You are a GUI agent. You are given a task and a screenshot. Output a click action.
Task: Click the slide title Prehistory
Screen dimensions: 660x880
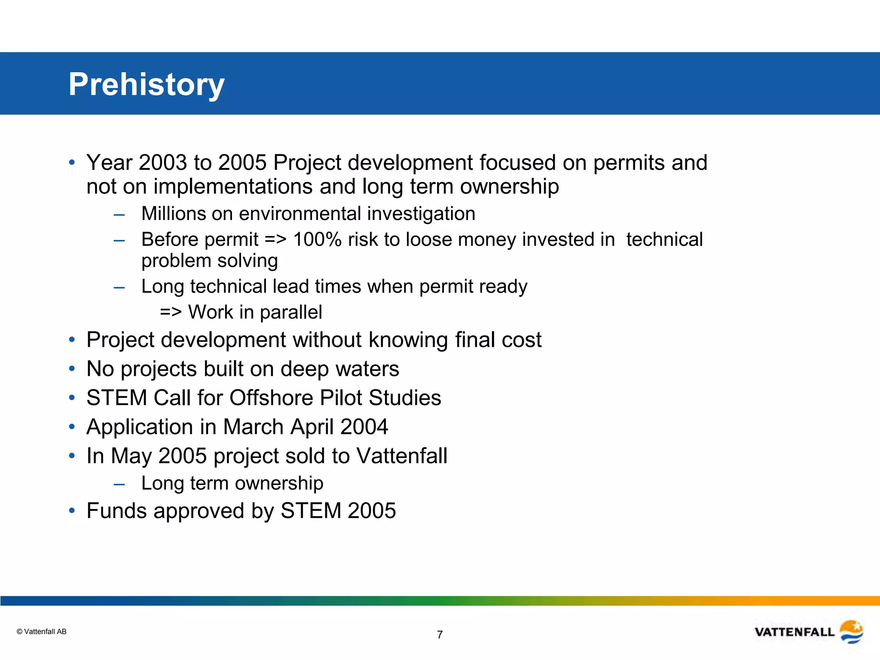pyautogui.click(x=146, y=84)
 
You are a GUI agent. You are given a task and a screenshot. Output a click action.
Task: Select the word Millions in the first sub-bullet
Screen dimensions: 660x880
pyautogui.click(x=174, y=214)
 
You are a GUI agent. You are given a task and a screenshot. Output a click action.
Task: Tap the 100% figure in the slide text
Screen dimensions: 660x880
pyautogui.click(x=317, y=239)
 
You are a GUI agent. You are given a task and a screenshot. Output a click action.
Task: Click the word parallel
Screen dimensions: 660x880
pyautogui.click(x=291, y=312)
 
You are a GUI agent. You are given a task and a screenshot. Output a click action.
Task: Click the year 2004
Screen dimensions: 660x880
pyautogui.click(x=364, y=427)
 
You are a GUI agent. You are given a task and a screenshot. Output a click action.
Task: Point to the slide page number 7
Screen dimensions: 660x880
pyautogui.click(x=440, y=635)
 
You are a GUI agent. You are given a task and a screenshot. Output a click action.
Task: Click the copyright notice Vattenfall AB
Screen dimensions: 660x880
pyautogui.click(x=42, y=632)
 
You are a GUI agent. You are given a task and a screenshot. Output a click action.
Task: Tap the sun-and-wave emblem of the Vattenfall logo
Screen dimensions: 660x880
pyautogui.click(x=851, y=632)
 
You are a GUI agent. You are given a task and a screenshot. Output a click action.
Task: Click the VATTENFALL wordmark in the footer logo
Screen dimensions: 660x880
pyautogui.click(x=794, y=632)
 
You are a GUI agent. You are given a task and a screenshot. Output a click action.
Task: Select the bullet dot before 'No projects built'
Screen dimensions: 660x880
pyautogui.click(x=72, y=369)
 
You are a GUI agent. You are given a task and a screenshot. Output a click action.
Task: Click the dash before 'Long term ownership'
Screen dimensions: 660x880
pyautogui.click(x=119, y=484)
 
